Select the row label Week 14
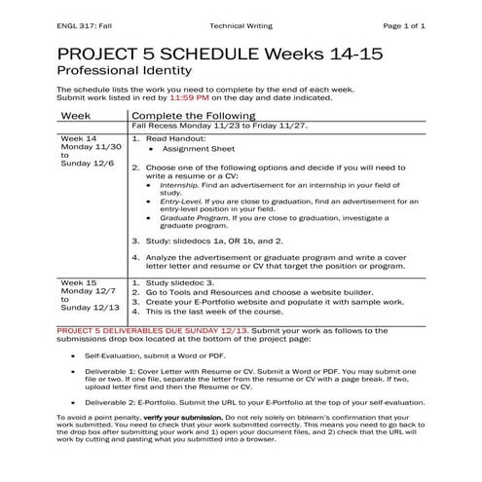pyautogui.click(x=78, y=138)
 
